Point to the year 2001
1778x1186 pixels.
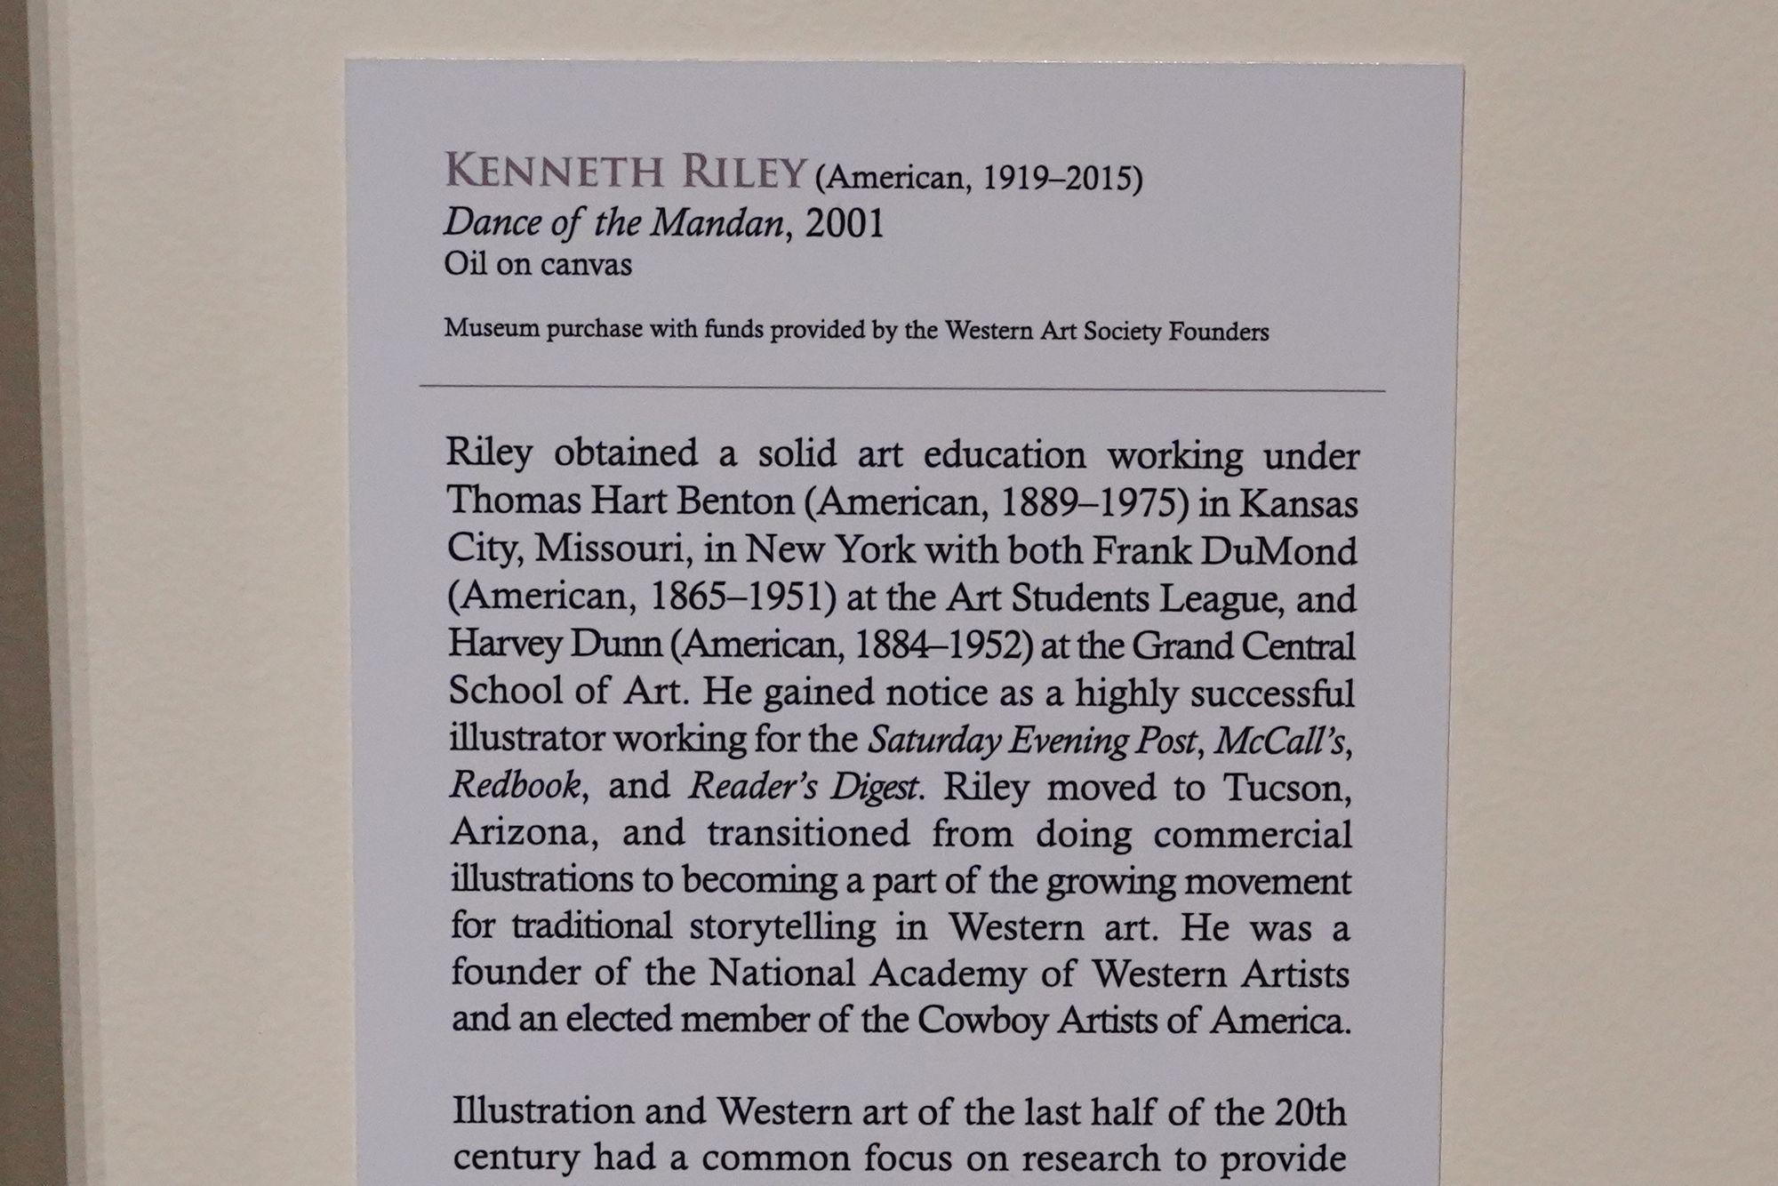(844, 224)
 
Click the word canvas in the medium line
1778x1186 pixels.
(590, 265)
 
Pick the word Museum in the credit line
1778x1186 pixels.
(492, 329)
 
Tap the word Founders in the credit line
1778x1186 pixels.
(1218, 333)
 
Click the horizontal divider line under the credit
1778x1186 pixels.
(901, 389)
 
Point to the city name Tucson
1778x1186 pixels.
(1286, 788)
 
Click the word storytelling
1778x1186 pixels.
(782, 926)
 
